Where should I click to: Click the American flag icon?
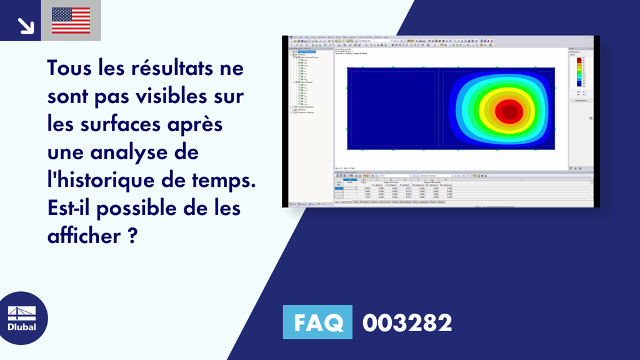tap(71, 20)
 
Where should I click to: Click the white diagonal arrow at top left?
tap(26, 25)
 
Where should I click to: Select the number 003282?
tap(407, 322)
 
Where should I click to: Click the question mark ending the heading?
tap(132, 236)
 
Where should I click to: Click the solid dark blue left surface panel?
tap(392, 109)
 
